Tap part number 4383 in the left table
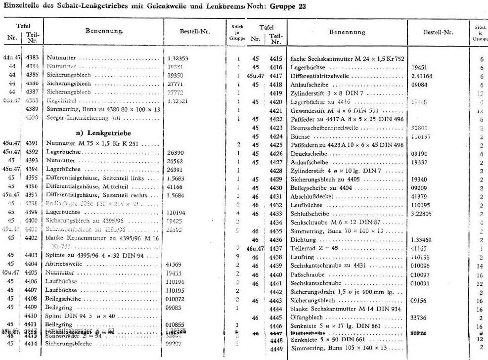tap(33, 58)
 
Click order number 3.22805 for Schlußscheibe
tap(422, 214)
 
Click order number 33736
tap(419, 317)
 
